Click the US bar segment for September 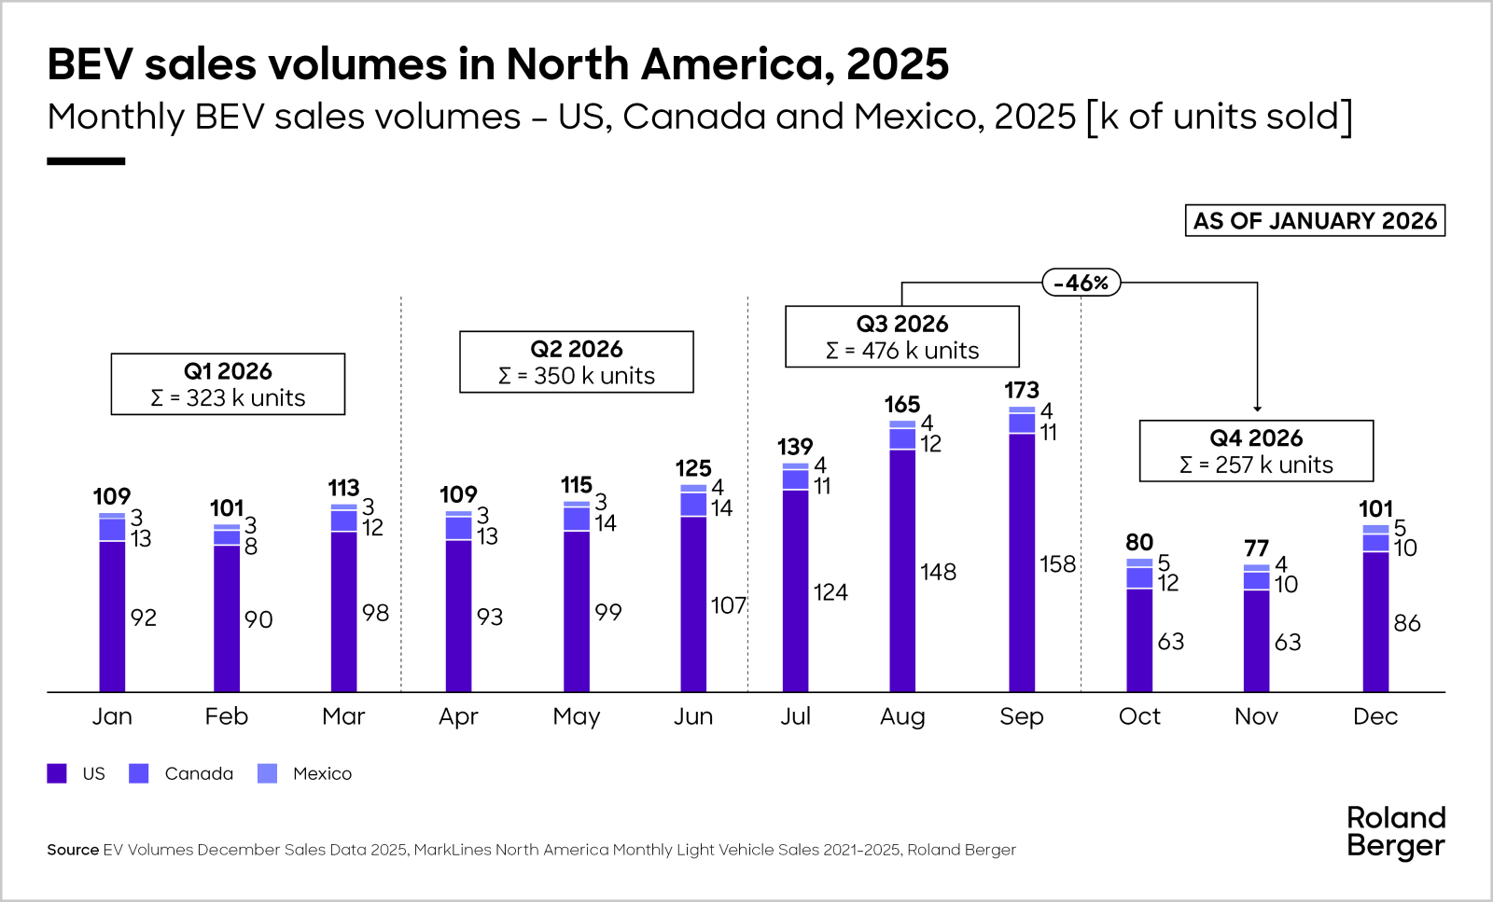[x=1022, y=562]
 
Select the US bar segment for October [x=1139, y=640]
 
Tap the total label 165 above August [x=902, y=405]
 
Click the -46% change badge [x=1081, y=283]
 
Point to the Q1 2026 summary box [x=228, y=384]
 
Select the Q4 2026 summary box [x=1256, y=451]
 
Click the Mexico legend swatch [x=268, y=773]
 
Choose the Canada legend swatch [x=139, y=773]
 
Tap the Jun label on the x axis [x=693, y=716]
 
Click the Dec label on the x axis [x=1375, y=716]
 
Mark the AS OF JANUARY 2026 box [x=1315, y=221]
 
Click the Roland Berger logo [x=1396, y=831]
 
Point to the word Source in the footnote [x=73, y=850]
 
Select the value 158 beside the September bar [x=1058, y=564]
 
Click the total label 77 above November [x=1257, y=548]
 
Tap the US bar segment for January [x=112, y=616]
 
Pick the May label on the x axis [x=577, y=716]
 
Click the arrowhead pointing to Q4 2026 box [x=1258, y=409]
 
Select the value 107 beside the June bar [x=729, y=606]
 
